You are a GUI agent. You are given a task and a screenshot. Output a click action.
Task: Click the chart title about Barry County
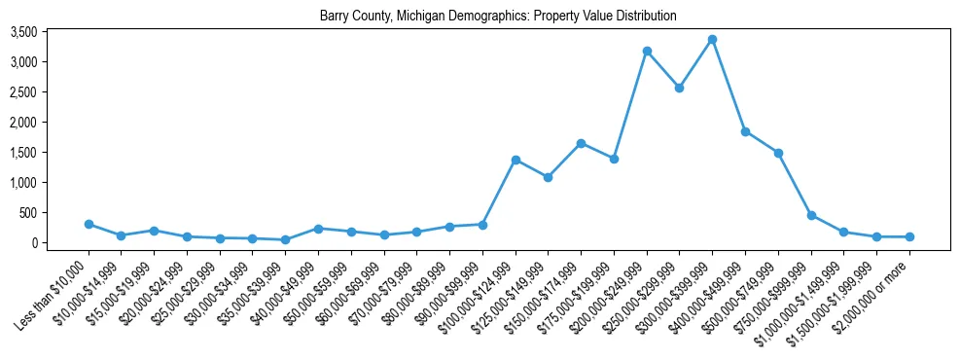(x=497, y=17)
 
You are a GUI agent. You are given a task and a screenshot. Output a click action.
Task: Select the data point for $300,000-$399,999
(x=712, y=40)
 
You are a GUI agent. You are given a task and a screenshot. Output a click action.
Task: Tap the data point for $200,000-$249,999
(x=647, y=51)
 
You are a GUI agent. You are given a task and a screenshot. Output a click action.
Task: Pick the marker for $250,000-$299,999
(x=679, y=88)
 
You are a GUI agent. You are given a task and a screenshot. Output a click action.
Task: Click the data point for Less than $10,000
(x=89, y=224)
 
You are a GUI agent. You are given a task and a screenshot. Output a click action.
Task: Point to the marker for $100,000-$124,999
(x=516, y=160)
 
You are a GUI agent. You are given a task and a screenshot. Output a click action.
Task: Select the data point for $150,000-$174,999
(x=581, y=143)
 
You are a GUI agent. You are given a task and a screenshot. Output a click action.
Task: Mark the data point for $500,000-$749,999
(x=778, y=153)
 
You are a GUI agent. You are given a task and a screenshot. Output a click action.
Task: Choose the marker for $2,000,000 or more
(x=909, y=236)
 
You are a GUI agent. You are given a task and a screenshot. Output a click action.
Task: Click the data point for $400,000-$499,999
(x=745, y=131)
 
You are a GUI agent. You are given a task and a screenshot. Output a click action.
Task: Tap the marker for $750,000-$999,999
(x=811, y=215)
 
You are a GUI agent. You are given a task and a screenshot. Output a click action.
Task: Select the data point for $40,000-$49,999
(x=318, y=229)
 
